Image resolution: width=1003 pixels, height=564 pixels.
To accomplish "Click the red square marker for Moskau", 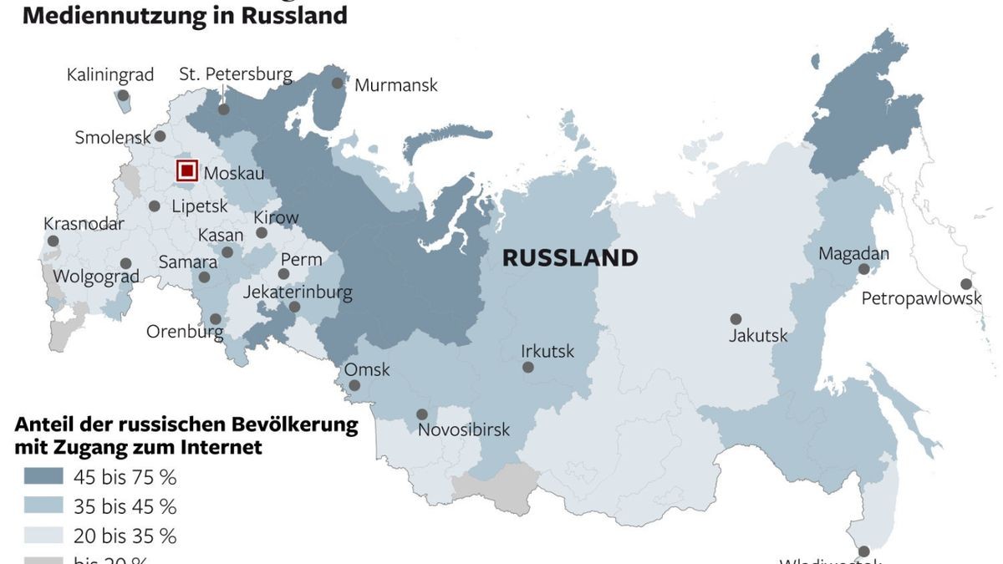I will [x=187, y=171].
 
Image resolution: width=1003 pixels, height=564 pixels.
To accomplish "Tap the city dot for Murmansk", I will [x=338, y=84].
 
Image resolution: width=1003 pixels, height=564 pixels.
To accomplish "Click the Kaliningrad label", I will [x=110, y=75].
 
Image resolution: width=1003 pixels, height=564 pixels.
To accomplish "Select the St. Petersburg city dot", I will [x=224, y=109].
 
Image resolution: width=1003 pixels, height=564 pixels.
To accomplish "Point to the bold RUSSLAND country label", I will [x=570, y=258].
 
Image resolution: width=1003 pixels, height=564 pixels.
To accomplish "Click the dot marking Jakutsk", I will [x=736, y=319].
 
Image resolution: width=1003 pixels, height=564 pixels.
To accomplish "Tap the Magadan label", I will [x=853, y=253].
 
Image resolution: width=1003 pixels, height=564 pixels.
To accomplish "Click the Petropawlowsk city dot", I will [x=966, y=284].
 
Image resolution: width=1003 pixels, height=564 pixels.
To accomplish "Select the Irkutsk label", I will [x=547, y=351].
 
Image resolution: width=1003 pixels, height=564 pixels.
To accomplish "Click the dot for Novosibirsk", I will [x=422, y=414].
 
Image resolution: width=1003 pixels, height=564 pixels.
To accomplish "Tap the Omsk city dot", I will [x=354, y=386].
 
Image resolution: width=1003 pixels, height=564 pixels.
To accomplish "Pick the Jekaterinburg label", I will [x=298, y=292].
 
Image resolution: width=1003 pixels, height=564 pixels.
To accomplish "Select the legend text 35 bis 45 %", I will [x=125, y=506].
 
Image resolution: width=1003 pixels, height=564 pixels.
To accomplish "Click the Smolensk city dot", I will [x=160, y=136].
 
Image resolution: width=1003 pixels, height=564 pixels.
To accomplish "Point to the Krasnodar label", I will [x=84, y=224].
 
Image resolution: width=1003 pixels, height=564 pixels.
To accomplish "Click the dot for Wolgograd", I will [x=125, y=263].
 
